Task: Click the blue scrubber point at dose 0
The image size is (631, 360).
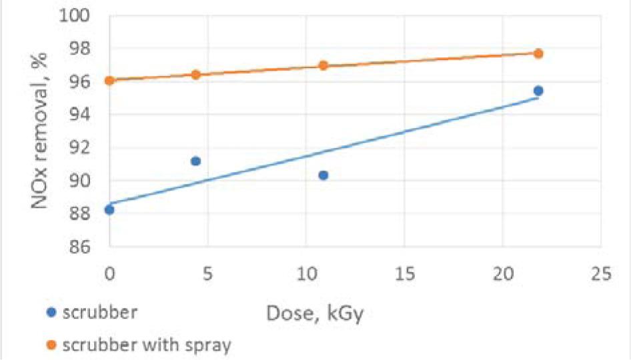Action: click(109, 209)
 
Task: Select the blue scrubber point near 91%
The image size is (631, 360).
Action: click(195, 161)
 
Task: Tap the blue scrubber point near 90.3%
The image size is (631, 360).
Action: click(323, 175)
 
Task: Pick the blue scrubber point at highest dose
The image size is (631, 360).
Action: click(538, 91)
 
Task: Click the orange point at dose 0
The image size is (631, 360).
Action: click(109, 81)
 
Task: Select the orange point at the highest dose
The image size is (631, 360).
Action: click(538, 53)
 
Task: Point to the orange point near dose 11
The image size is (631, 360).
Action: click(323, 65)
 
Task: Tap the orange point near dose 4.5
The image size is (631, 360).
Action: click(195, 75)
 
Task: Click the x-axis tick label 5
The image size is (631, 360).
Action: click(207, 274)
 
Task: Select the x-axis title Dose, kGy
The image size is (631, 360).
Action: click(315, 313)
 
